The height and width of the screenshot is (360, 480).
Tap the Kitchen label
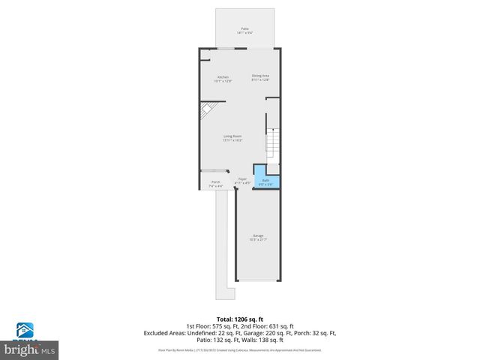pos(223,77)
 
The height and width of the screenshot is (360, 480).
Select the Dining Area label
pos(259,75)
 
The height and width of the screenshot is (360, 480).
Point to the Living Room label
pos(232,136)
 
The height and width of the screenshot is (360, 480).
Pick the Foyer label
pos(242,178)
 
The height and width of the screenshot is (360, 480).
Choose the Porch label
pos(215,182)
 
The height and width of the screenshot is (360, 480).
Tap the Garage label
pos(257,235)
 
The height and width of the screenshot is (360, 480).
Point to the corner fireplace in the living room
pos(205,110)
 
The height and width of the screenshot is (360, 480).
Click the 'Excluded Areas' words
pos(166,332)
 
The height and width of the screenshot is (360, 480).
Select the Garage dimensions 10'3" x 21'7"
pos(257,240)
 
